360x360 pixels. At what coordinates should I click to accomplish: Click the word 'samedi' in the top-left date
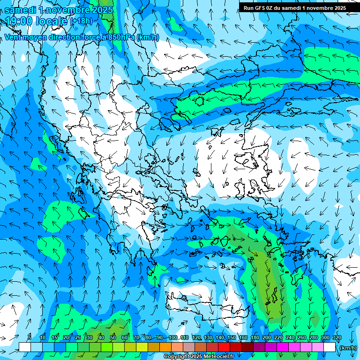pyautogui.click(x=20, y=9)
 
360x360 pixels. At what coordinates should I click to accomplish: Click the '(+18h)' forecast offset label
pyautogui.click(x=82, y=21)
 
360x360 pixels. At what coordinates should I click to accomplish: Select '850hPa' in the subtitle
pyautogui.click(x=121, y=37)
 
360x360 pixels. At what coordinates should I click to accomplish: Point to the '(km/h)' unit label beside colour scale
pyautogui.click(x=348, y=348)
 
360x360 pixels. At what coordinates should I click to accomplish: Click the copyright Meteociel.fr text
pyautogui.click(x=199, y=357)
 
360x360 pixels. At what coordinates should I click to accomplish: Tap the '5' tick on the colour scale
pyautogui.click(x=29, y=338)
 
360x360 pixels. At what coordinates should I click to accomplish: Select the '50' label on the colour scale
pyautogui.click(x=113, y=338)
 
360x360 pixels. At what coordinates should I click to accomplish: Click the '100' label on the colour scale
pyautogui.click(x=173, y=338)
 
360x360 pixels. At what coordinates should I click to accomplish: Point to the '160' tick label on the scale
pyautogui.click(x=243, y=338)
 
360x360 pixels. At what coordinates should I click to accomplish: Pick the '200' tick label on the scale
pyautogui.click(x=267, y=338)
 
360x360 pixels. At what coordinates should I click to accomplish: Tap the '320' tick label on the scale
pyautogui.click(x=337, y=338)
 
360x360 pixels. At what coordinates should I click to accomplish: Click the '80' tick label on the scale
pyautogui.click(x=148, y=338)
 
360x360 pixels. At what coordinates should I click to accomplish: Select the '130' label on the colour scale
pyautogui.click(x=208, y=338)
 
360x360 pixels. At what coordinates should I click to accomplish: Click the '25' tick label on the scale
pyautogui.click(x=77, y=338)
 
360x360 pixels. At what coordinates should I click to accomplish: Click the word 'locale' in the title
pyautogui.click(x=50, y=21)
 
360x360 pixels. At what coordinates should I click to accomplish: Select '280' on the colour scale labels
pyautogui.click(x=314, y=338)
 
